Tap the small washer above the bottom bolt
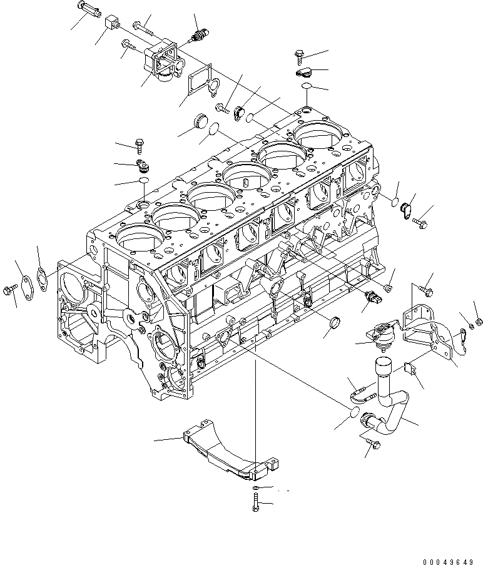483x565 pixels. pos(257,487)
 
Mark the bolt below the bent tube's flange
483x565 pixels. pos(374,444)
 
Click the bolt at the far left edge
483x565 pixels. pos(9,289)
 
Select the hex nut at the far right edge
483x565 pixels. pos(479,322)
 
